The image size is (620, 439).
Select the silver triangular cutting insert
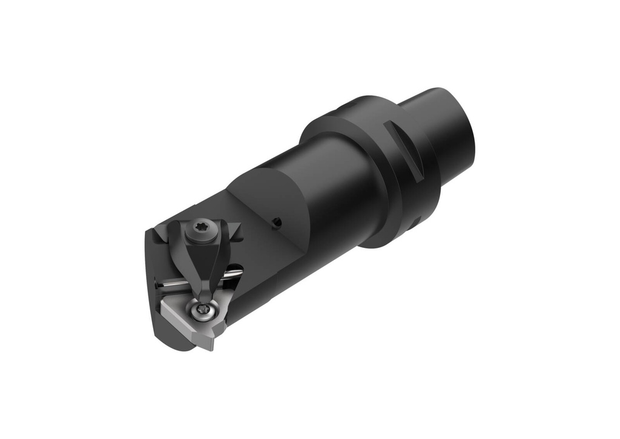(185, 317)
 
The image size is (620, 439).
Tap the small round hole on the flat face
(277, 223)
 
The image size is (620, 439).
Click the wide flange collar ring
(363, 175)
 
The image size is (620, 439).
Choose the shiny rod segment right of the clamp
(233, 275)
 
